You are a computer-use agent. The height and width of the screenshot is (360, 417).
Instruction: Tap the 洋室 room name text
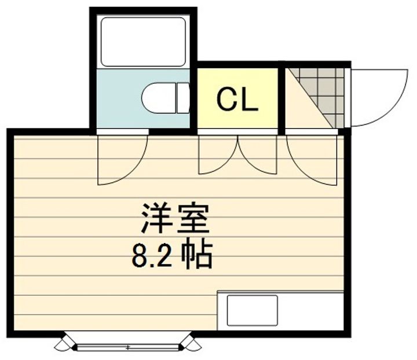pyautogui.click(x=175, y=219)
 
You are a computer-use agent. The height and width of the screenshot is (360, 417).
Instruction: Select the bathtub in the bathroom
pyautogui.click(x=143, y=42)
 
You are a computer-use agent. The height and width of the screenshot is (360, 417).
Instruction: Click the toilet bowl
pyautogui.click(x=158, y=98)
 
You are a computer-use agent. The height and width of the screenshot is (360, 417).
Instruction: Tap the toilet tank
pyautogui.click(x=183, y=98)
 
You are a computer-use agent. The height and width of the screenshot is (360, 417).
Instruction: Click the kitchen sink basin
pyautogui.click(x=252, y=310)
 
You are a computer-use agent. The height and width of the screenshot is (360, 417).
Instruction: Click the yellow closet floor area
pyautogui.click(x=237, y=98)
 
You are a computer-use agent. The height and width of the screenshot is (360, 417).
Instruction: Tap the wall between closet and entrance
pyautogui.click(x=281, y=98)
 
